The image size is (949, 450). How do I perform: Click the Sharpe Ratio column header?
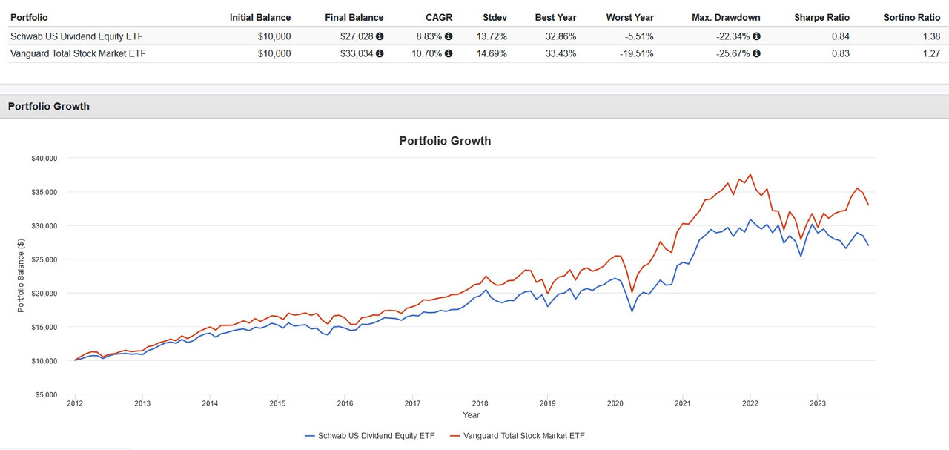[821, 17]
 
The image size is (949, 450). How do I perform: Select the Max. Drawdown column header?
[726, 17]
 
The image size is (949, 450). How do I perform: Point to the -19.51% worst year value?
[637, 53]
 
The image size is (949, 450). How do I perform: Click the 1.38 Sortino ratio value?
[930, 36]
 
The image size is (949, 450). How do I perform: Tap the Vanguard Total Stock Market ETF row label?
[78, 53]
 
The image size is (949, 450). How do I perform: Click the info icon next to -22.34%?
[756, 36]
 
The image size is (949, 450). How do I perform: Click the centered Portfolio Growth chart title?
[445, 141]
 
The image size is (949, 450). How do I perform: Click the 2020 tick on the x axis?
[615, 404]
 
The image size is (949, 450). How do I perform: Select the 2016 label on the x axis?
[345, 404]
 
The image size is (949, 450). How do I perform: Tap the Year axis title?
[471, 415]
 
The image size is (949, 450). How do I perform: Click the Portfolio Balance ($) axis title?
[21, 275]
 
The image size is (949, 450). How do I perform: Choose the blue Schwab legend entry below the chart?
[370, 436]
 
